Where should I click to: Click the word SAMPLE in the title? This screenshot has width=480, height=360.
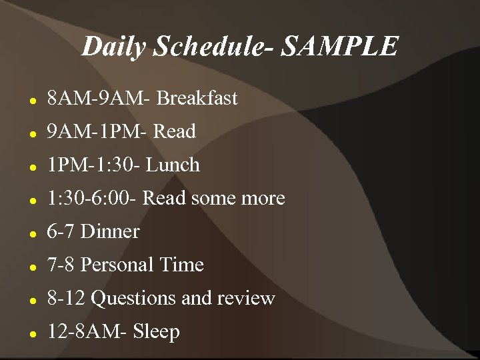tap(340, 47)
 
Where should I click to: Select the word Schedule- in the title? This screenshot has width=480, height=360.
tap(213, 47)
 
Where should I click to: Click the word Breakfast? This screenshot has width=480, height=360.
tap(197, 99)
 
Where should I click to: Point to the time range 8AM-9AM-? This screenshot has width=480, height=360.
tap(99, 99)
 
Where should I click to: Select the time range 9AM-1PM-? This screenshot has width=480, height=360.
tap(98, 132)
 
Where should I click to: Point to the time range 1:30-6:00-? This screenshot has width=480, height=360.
tap(93, 199)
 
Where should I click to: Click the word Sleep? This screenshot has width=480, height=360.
tap(157, 332)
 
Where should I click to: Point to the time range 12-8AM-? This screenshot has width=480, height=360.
tap(87, 332)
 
